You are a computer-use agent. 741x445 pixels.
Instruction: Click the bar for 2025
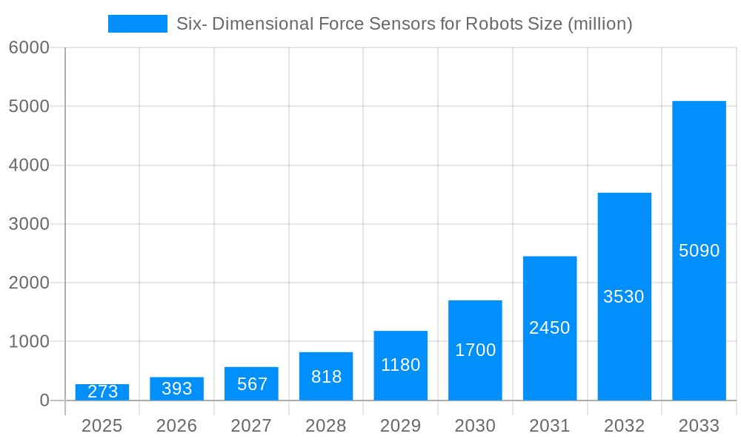[x=102, y=392]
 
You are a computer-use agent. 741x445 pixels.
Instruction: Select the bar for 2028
[x=326, y=376]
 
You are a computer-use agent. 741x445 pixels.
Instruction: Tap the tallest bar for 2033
[x=699, y=251]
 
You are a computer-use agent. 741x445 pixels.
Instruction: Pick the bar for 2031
[x=550, y=328]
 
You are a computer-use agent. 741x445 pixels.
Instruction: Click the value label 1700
[x=475, y=350]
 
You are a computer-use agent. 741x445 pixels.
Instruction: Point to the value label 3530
[x=624, y=297]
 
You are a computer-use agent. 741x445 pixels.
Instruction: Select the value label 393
[x=176, y=389]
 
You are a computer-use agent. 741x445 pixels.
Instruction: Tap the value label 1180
[x=400, y=365]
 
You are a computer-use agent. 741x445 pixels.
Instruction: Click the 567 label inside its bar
[x=252, y=384]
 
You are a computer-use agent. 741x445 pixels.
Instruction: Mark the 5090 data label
[x=699, y=251]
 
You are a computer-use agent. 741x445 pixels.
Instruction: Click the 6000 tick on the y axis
[x=29, y=47]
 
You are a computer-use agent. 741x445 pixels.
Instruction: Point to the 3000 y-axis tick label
[x=29, y=224]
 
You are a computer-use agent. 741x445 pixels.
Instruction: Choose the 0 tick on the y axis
[x=44, y=400]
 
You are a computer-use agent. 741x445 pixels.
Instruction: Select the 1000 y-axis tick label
[x=29, y=342]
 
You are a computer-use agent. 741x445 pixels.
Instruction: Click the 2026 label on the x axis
[x=176, y=426]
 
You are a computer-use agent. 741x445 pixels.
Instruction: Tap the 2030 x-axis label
[x=475, y=426]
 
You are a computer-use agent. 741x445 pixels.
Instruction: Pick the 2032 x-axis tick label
[x=624, y=426]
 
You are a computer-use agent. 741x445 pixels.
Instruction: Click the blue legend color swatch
[x=138, y=24]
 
